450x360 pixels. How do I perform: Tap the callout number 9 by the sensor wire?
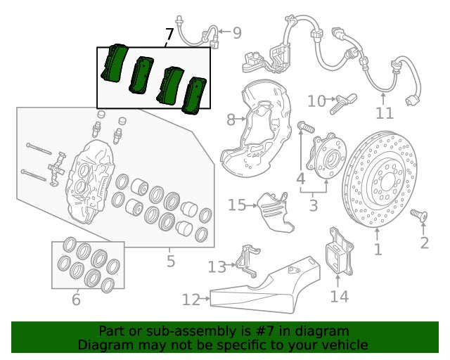(237, 33)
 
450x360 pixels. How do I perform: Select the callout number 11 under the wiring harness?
(385, 113)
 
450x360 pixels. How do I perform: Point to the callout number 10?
(316, 101)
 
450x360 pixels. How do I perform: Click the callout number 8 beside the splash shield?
(231, 120)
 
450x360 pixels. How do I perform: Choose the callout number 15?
(237, 205)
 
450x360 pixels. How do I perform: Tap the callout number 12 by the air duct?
(191, 300)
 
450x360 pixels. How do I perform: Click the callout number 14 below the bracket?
(340, 296)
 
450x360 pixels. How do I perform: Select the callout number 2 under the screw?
(425, 243)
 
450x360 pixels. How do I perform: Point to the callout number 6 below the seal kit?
(76, 300)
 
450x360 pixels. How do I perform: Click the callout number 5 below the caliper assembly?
(170, 262)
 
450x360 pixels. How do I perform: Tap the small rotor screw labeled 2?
(419, 216)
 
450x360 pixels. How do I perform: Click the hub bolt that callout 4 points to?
(307, 127)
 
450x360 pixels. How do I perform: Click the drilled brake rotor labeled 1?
(380, 179)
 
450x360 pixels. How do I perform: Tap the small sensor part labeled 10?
(343, 104)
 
